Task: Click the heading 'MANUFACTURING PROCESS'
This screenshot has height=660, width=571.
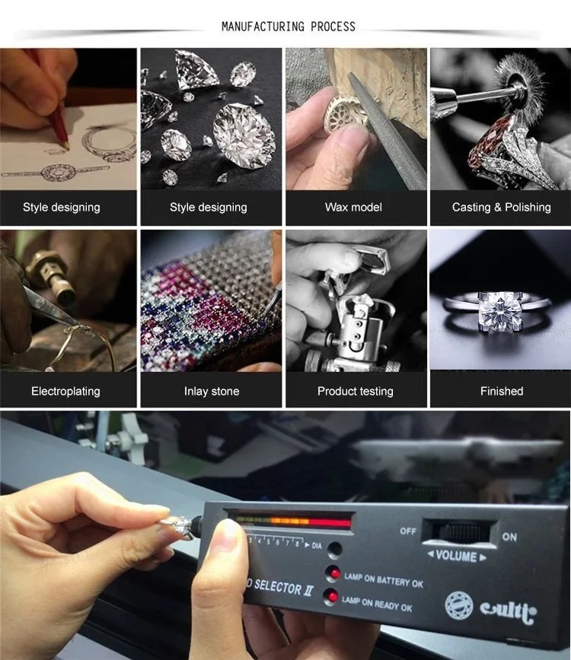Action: click(288, 27)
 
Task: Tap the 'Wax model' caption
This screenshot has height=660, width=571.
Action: click(353, 207)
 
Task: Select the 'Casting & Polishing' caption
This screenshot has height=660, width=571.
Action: click(501, 207)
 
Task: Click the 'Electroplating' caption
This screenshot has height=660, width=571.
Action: click(65, 391)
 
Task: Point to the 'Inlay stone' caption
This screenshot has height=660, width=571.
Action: click(212, 391)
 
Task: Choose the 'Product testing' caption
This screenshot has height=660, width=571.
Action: click(356, 391)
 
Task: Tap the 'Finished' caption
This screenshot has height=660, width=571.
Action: click(502, 391)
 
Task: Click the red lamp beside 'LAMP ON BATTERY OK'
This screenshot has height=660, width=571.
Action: click(333, 574)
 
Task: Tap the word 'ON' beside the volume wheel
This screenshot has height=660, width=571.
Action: click(509, 537)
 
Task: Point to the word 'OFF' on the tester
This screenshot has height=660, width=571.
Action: click(408, 531)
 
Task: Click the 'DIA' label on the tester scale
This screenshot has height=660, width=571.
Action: click(317, 546)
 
